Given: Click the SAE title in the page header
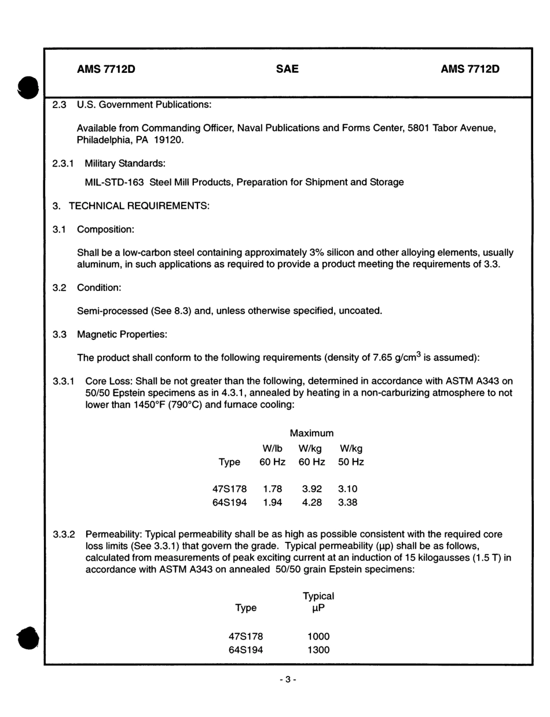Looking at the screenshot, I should pyautogui.click(x=287, y=69).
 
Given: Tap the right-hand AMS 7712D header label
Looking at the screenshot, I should pyautogui.click(x=470, y=69).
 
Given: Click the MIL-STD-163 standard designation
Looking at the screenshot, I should pyautogui.click(x=114, y=182).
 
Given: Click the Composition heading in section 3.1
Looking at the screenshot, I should pyautogui.click(x=106, y=230).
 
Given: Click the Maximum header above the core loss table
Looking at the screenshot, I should pyautogui.click(x=311, y=433).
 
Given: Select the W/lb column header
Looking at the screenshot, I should pyautogui.click(x=272, y=448).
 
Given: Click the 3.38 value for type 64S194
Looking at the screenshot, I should pyautogui.click(x=347, y=502).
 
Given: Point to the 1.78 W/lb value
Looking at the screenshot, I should pyautogui.click(x=272, y=489).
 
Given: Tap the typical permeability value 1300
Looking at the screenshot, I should pyautogui.click(x=318, y=650).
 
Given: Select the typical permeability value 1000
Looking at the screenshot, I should pyautogui.click(x=318, y=636).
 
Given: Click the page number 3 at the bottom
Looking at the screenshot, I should pyautogui.click(x=288, y=680).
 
